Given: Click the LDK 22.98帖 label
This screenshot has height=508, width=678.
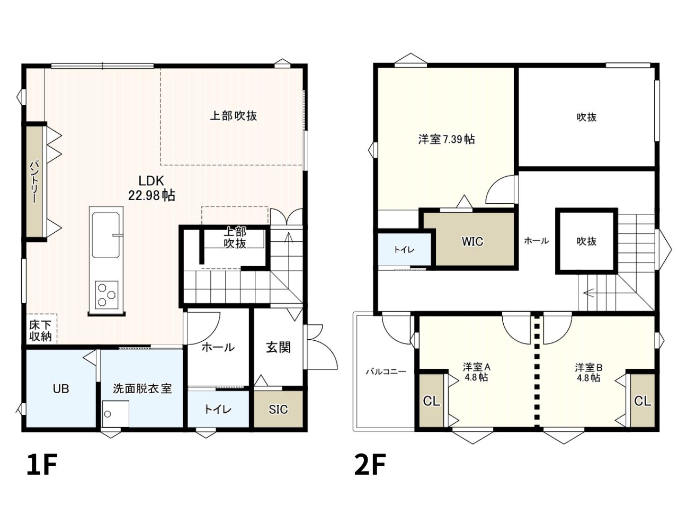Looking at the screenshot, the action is [x=151, y=188].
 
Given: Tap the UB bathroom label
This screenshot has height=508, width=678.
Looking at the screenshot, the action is [x=61, y=389].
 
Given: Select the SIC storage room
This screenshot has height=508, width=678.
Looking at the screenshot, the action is [x=278, y=409].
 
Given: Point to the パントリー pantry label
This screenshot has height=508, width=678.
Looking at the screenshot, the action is [x=34, y=182].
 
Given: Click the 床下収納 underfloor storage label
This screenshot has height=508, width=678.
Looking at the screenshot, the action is [x=40, y=331].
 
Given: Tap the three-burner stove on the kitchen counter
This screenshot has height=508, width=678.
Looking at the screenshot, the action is [x=106, y=295].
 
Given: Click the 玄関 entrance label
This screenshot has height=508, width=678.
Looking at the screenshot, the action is [x=278, y=348].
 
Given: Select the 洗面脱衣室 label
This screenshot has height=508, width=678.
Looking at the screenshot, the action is [x=142, y=388].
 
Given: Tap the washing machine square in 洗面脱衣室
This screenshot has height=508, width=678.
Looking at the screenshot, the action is [x=115, y=414].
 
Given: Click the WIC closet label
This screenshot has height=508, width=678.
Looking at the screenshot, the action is [x=472, y=241].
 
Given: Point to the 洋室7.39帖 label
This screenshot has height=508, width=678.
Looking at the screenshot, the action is [x=447, y=139].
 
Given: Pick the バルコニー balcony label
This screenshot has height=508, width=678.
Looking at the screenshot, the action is [x=386, y=371].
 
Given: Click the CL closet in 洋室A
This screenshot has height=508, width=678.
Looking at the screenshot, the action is [x=431, y=401].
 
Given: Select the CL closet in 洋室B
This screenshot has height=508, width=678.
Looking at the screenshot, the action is [x=643, y=401].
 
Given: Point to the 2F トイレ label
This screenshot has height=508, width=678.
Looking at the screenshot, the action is [x=404, y=250].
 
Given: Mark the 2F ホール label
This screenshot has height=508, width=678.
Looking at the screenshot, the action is [x=537, y=241].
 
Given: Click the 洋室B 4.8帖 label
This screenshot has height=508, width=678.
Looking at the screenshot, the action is [x=588, y=373].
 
